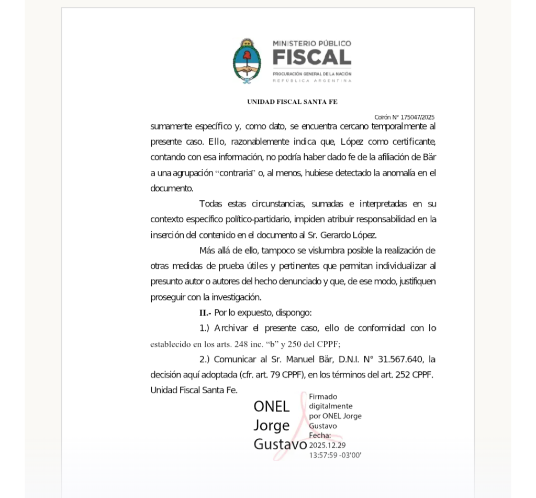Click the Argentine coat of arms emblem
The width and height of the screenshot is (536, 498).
click(x=247, y=61)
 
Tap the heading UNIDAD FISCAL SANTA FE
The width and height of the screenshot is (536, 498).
click(x=292, y=102)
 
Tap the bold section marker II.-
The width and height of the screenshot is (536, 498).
click(x=205, y=313)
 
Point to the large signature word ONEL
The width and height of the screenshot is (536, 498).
click(x=271, y=406)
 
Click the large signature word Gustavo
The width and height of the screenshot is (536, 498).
click(x=280, y=445)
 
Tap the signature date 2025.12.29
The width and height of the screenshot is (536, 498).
click(x=327, y=445)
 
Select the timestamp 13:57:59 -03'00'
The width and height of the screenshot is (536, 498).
click(x=335, y=454)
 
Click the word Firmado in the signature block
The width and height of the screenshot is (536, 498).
click(x=323, y=396)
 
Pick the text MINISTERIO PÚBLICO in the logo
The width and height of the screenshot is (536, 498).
click(x=312, y=44)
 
